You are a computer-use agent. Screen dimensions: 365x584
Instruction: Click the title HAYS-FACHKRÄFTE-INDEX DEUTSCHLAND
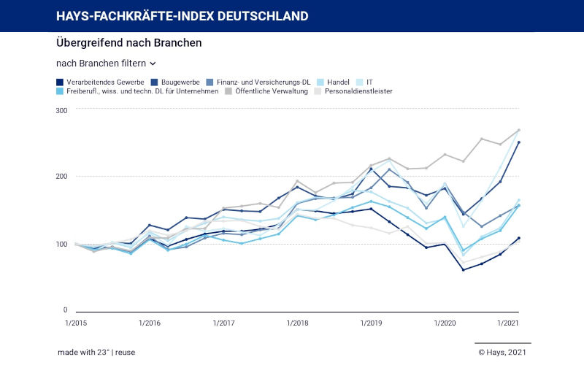[x=182, y=16]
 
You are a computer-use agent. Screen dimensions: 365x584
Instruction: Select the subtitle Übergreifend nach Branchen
[x=128, y=43]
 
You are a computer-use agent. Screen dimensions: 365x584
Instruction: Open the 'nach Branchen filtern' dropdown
[x=106, y=64]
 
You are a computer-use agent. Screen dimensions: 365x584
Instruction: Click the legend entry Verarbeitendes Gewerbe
[x=101, y=82]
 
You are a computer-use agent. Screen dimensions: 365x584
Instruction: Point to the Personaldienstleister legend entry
[x=358, y=91]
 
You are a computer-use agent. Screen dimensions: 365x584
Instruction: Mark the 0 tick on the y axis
[x=65, y=310]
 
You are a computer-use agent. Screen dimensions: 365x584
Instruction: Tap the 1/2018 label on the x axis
[x=297, y=323]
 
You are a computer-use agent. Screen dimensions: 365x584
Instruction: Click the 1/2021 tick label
[x=507, y=323]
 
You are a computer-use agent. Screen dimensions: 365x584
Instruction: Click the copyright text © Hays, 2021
[x=502, y=352]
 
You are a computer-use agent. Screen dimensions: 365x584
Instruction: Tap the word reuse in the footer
[x=125, y=352]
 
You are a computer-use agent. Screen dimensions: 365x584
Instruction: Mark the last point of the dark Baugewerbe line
[x=518, y=142]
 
